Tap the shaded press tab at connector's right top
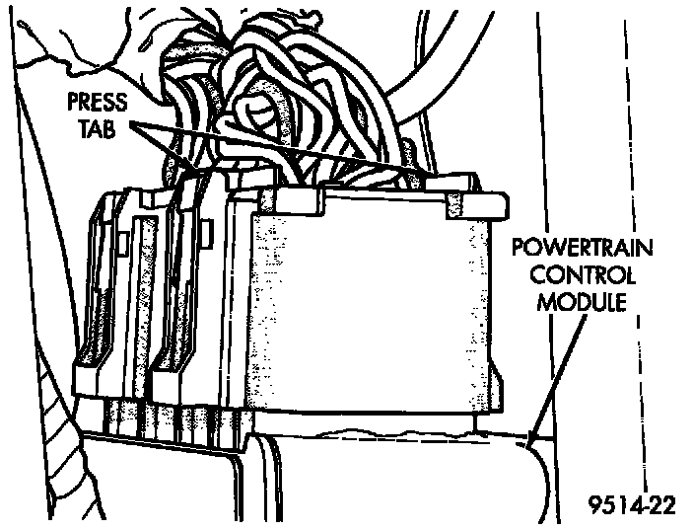click(x=454, y=201)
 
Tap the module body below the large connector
click(x=394, y=484)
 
